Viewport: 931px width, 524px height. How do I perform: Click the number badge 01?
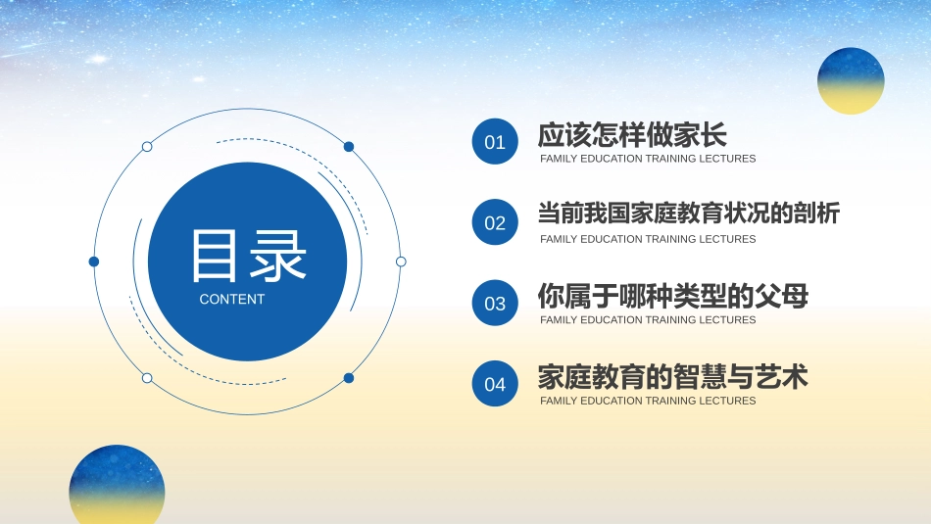point(495,142)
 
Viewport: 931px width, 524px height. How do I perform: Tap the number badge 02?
point(495,222)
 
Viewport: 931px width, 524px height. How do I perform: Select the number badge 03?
point(495,304)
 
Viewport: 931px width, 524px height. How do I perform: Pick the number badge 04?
point(495,384)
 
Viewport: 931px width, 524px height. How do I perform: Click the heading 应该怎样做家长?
point(632,134)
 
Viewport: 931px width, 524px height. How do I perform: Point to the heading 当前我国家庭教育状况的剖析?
point(688,214)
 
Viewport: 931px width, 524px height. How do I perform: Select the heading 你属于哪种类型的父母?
point(672,295)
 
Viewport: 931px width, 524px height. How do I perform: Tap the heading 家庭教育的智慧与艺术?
point(672,376)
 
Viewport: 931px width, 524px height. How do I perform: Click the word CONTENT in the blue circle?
point(232,300)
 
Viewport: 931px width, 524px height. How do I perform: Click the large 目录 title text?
point(248,258)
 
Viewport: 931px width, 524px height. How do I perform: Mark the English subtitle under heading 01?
point(648,159)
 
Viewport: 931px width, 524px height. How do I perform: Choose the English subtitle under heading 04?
point(648,401)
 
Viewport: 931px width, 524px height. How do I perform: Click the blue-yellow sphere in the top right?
point(851,80)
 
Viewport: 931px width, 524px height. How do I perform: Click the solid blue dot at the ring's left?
point(94,262)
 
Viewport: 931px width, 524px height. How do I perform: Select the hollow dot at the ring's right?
point(401,262)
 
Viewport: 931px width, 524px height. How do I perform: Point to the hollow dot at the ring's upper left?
point(147,147)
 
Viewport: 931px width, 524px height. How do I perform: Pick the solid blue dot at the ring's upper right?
point(349,147)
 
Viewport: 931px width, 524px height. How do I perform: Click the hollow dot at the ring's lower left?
point(147,378)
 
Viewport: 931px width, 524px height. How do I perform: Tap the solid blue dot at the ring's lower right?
point(349,378)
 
